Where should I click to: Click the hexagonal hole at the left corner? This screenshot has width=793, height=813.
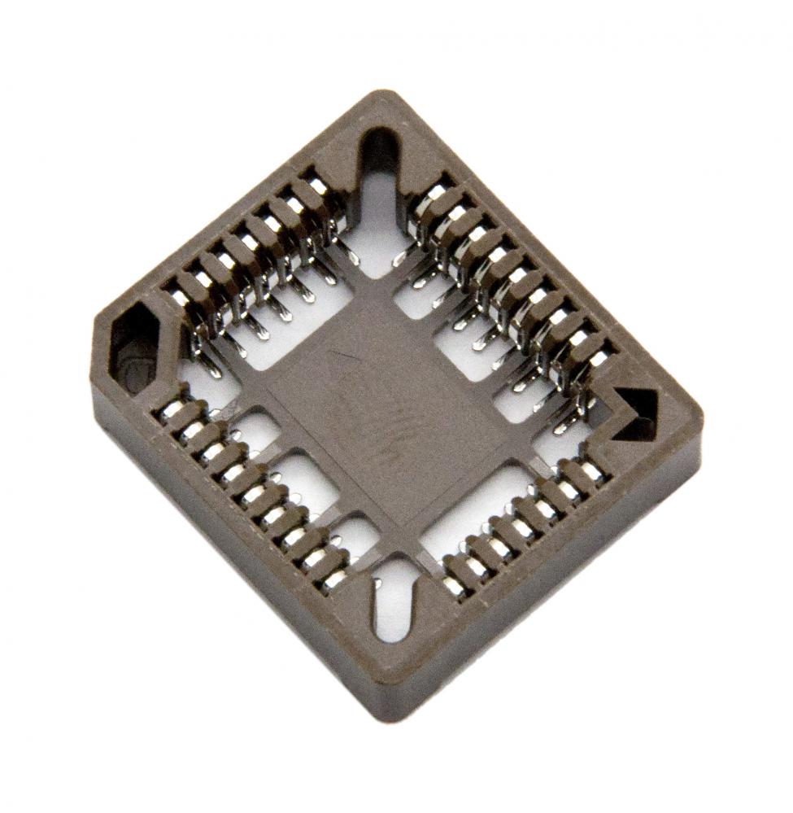click(x=134, y=345)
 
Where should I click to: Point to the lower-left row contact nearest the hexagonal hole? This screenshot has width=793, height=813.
click(x=171, y=411)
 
